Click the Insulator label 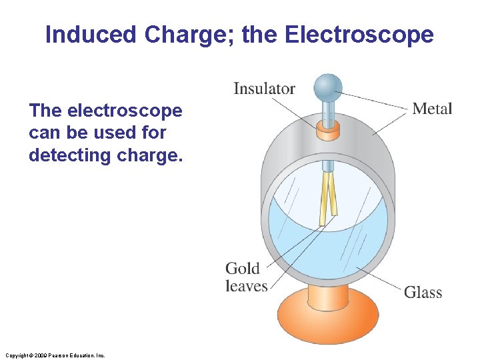(x=264, y=88)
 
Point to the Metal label (x=432, y=108)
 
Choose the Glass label (x=423, y=292)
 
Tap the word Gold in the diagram (x=243, y=269)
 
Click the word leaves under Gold (x=246, y=286)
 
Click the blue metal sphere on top (x=327, y=87)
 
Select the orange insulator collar (x=327, y=128)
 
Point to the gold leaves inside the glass (x=327, y=197)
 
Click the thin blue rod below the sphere (x=327, y=110)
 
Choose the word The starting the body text (x=46, y=110)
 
